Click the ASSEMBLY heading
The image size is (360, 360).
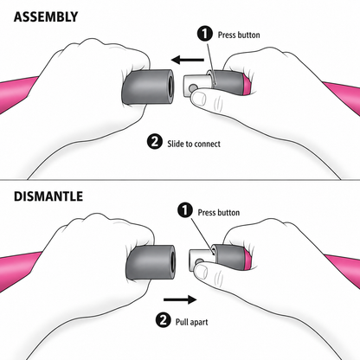coord(46,17)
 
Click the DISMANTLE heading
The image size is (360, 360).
coord(48,196)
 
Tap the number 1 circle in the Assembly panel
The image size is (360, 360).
coord(205,34)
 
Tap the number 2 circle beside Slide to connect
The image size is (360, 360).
coord(155,142)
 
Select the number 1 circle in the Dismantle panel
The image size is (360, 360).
coord(185,210)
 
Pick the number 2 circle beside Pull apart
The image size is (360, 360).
coord(164,319)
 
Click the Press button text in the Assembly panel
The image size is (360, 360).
coord(239,35)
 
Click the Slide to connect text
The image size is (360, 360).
coord(194,144)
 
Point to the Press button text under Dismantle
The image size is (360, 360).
coord(219,213)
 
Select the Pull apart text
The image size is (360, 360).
coord(192,322)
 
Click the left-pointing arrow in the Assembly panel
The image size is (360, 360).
coord(188,61)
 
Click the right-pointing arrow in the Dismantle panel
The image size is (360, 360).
coord(180,299)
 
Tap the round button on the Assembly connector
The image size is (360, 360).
coord(193,87)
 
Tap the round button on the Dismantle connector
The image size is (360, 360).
coord(199,262)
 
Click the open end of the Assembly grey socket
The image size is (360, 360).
coord(170,87)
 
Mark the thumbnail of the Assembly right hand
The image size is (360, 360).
coord(199,99)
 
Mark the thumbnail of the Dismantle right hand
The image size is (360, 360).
coord(201,272)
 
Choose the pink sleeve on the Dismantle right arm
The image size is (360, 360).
coord(343,269)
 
